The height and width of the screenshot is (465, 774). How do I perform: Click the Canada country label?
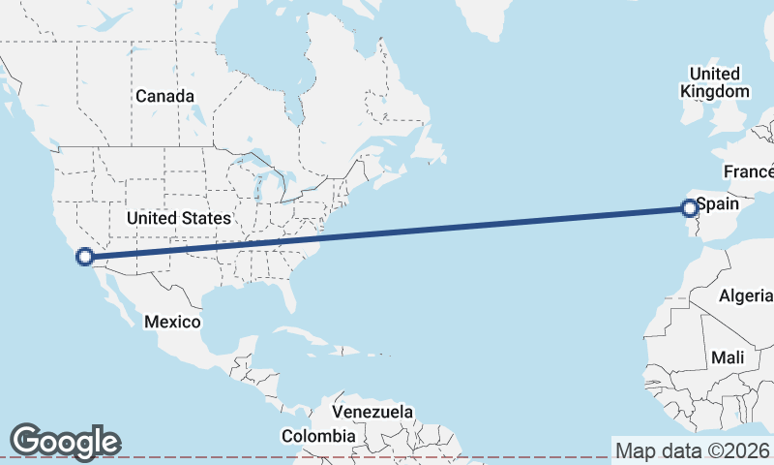pyautogui.click(x=164, y=96)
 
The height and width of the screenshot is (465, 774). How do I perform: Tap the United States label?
pyautogui.click(x=179, y=218)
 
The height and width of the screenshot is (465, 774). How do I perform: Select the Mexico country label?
pyautogui.click(x=172, y=321)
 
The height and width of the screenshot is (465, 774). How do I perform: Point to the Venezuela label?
pyautogui.click(x=372, y=412)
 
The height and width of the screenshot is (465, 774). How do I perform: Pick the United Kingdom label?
pyautogui.click(x=715, y=82)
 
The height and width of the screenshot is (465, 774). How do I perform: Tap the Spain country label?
pyautogui.click(x=718, y=204)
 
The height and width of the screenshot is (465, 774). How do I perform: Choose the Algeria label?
pyautogui.click(x=747, y=295)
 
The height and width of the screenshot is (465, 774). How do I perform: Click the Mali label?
pyautogui.click(x=728, y=357)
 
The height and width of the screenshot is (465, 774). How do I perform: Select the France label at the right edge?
pyautogui.click(x=750, y=171)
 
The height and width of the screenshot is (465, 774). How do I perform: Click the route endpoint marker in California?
pyautogui.click(x=84, y=257)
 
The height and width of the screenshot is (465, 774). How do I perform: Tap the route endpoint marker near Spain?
pyautogui.click(x=689, y=207)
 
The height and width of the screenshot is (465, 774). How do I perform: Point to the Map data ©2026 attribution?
pyautogui.click(x=693, y=450)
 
